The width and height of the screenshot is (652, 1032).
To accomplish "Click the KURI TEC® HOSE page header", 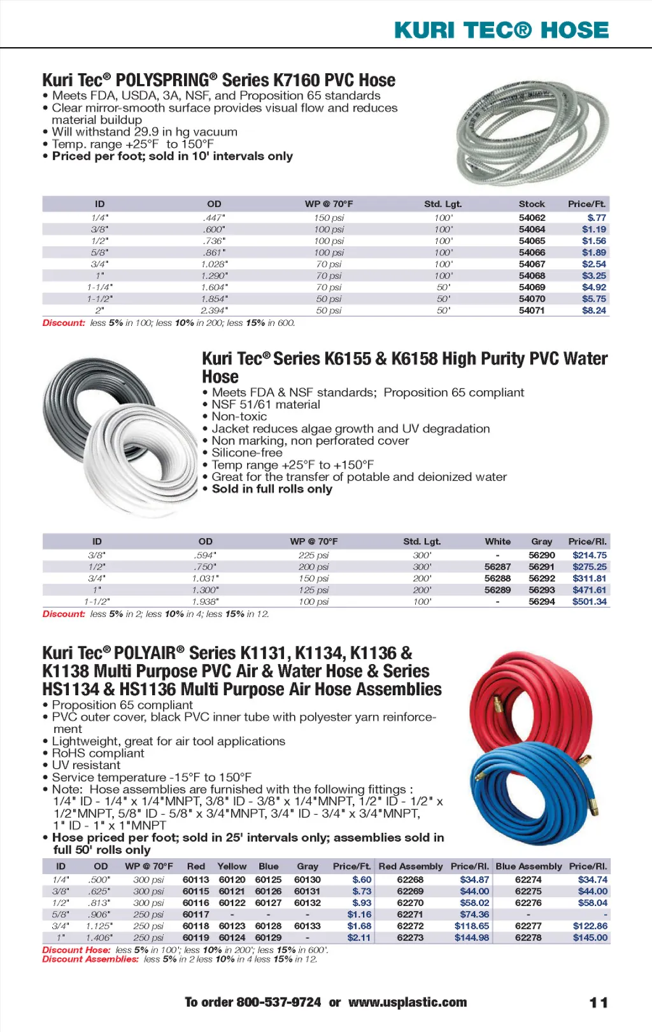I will tap(501, 30).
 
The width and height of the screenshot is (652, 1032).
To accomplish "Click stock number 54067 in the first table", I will tap(532, 264).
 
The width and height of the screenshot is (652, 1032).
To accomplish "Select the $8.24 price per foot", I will tap(593, 311).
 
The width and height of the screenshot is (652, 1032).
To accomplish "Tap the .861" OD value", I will tap(214, 253).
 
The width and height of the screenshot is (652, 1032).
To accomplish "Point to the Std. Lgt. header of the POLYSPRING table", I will tap(443, 204).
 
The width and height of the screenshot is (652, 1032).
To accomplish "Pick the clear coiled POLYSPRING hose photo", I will tap(532, 133).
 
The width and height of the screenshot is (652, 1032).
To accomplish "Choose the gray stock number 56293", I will tap(541, 590).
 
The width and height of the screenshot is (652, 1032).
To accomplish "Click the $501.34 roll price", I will tap(589, 602).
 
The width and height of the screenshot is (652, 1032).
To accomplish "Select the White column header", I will tap(497, 542).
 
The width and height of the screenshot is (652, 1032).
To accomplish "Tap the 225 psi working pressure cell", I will tap(313, 555).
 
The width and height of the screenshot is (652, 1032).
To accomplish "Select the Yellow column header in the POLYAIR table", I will tap(232, 866).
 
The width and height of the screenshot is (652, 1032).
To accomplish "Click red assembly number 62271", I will tap(410, 915).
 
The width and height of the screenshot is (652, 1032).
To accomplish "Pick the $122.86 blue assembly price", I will tap(590, 926).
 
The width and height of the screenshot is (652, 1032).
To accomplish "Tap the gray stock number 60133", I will tap(307, 926).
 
